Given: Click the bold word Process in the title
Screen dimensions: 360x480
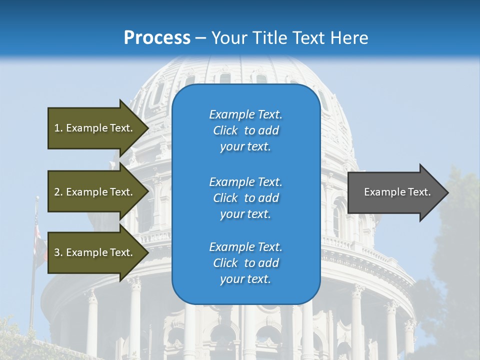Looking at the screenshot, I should tap(157, 38).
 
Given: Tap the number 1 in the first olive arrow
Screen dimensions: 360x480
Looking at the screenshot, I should tap(57, 128).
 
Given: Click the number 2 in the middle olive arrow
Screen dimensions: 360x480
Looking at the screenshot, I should tap(57, 192).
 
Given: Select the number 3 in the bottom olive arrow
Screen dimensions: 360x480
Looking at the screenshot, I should tap(57, 252).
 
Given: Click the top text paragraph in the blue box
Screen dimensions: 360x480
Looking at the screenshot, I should tap(245, 130).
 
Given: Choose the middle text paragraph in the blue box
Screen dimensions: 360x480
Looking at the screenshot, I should tap(245, 198).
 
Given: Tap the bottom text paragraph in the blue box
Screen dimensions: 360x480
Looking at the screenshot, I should tap(245, 263).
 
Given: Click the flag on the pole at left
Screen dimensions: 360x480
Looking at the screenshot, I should tap(38, 235).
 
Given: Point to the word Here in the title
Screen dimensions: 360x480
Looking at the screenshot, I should tap(350, 38).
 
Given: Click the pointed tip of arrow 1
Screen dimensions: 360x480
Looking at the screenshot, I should tap(148, 128).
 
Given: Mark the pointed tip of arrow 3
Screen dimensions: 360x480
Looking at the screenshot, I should tap(148, 252).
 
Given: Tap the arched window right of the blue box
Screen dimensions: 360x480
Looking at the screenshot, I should tap(336, 220).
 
